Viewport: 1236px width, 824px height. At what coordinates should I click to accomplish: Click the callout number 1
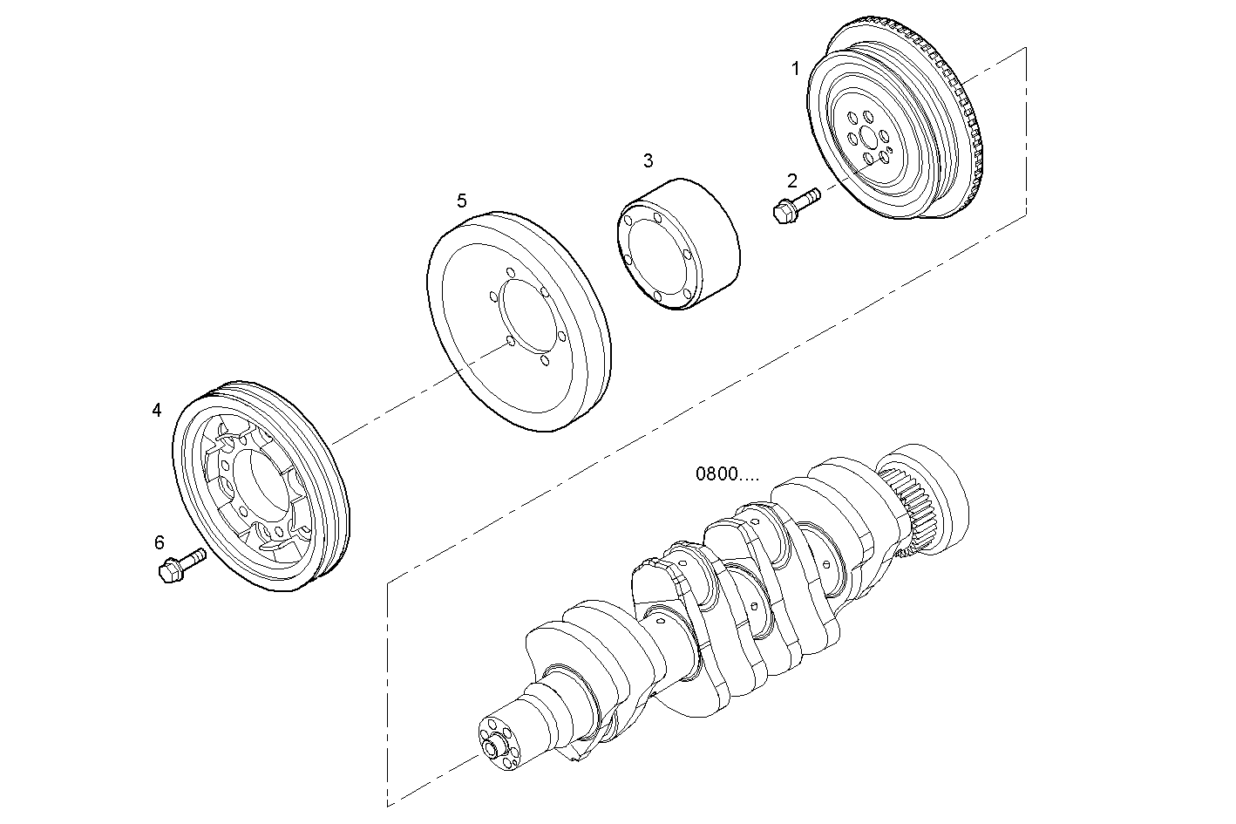click(x=795, y=69)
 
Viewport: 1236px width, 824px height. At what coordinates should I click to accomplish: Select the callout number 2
click(x=791, y=180)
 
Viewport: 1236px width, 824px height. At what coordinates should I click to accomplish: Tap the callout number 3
click(x=648, y=160)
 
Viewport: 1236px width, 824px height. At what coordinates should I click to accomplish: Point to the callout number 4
click(x=157, y=410)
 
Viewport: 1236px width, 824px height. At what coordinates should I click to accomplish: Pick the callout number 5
click(x=461, y=201)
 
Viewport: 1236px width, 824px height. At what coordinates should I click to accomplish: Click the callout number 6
click(x=160, y=542)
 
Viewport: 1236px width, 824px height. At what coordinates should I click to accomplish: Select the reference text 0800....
click(x=727, y=474)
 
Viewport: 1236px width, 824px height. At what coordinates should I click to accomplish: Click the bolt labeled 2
click(x=795, y=205)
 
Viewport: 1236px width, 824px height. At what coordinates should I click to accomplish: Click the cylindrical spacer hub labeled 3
click(x=680, y=244)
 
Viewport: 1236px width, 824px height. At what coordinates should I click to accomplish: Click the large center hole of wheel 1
click(x=866, y=139)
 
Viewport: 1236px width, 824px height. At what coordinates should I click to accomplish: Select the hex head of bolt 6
click(x=168, y=572)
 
